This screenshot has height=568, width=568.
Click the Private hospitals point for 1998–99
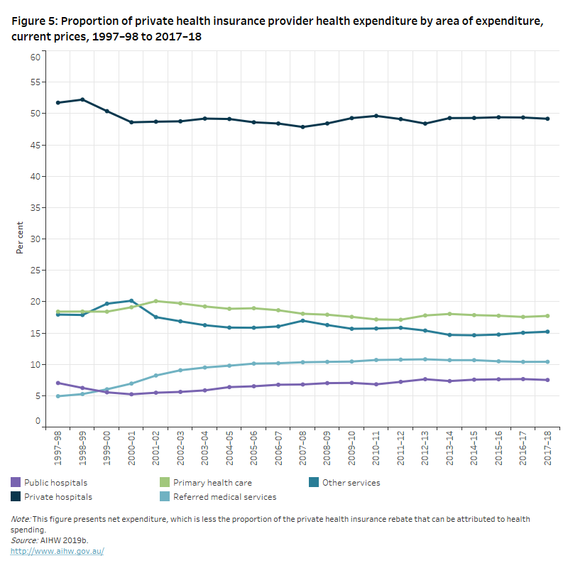point(82,99)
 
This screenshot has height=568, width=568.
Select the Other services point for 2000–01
point(131,301)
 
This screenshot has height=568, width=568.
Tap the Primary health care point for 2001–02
point(155,301)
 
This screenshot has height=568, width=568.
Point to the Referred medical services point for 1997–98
point(58,396)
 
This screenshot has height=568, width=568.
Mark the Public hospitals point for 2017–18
point(547,380)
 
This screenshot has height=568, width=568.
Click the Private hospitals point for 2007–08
point(302,127)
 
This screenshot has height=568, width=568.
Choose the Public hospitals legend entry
point(50,483)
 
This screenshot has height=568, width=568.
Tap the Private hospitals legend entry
point(53,497)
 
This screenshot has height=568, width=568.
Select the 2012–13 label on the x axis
point(425,448)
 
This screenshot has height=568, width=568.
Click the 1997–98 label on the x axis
point(58,448)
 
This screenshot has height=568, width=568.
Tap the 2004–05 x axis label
point(229,448)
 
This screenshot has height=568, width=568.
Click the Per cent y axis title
point(20,239)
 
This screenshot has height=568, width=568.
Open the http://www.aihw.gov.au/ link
point(58,552)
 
